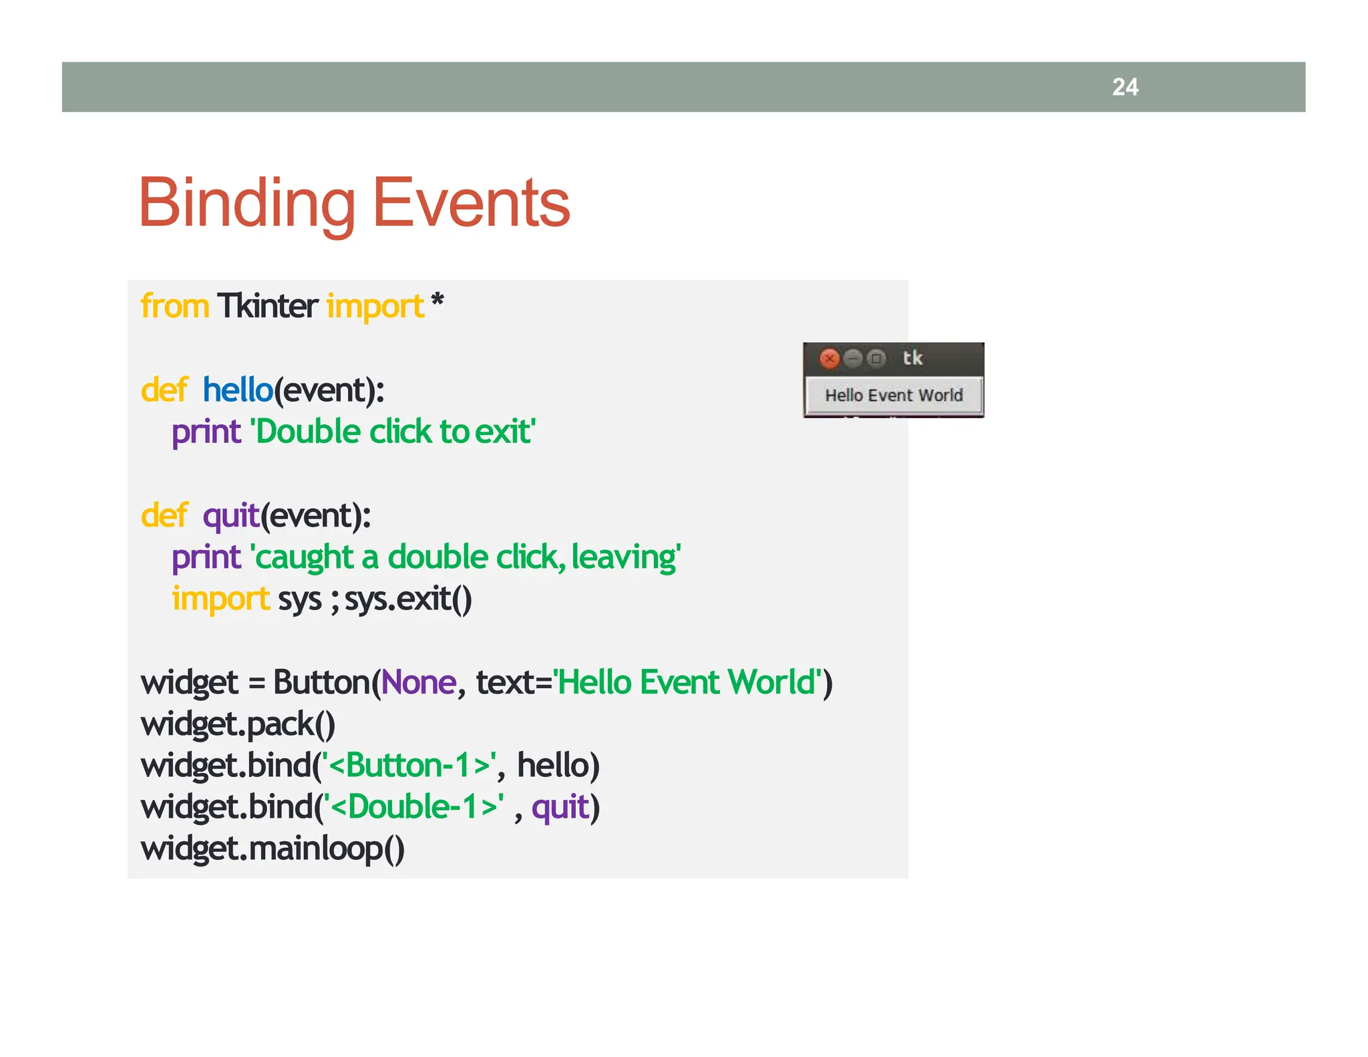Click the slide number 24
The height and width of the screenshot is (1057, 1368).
click(x=1125, y=87)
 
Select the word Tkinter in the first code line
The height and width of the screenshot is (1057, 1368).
click(x=267, y=307)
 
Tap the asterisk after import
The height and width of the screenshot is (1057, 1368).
click(x=438, y=303)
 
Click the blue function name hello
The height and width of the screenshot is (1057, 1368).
click(x=238, y=390)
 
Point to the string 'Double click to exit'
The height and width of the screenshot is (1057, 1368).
click(x=393, y=432)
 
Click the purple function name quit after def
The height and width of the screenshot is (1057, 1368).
click(x=230, y=516)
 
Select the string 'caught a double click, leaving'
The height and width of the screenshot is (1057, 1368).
click(x=466, y=557)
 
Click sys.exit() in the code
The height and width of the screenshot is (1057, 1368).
click(x=408, y=599)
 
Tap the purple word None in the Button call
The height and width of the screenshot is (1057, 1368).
click(x=419, y=682)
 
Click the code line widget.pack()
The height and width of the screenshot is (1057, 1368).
click(x=238, y=724)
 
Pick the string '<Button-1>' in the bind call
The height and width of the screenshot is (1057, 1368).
click(x=409, y=766)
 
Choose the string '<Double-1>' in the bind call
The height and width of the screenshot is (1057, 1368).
click(x=413, y=807)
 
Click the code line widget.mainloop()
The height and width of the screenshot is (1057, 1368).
click(x=273, y=849)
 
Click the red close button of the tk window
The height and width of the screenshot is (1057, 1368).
click(x=829, y=359)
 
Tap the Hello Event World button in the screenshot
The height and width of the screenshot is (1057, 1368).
click(x=894, y=395)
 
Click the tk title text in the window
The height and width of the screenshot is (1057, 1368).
click(x=912, y=358)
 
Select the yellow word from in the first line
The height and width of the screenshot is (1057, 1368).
click(x=175, y=307)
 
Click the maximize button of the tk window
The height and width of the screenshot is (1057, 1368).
click(x=876, y=359)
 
